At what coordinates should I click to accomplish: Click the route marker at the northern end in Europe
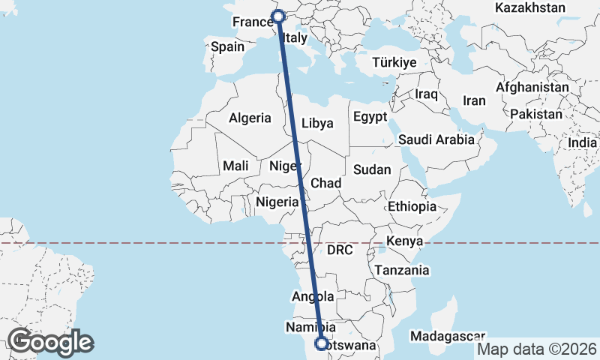pos(278,16)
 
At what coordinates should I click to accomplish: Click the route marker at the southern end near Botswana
pos(322,344)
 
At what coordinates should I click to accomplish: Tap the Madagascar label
pos(448,337)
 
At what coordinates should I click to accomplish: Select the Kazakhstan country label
pos(530,7)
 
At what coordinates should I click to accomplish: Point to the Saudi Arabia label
pos(436,139)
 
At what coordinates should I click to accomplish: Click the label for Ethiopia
pos(412,206)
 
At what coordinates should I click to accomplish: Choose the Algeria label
pos(250,118)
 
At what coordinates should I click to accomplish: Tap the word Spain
pos(227,46)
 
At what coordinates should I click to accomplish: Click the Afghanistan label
pos(532,88)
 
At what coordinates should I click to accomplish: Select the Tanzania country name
pos(403,270)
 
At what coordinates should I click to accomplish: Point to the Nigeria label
pos(277,202)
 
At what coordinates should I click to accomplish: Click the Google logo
pos(50,342)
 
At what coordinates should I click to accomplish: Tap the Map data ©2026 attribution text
pos(537,349)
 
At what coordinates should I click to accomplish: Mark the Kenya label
pos(405,241)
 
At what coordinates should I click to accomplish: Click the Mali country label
pos(235,166)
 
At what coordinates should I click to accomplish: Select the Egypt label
pos(370,117)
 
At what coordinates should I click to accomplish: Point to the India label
pos(583,142)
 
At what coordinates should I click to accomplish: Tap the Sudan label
pos(372,169)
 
